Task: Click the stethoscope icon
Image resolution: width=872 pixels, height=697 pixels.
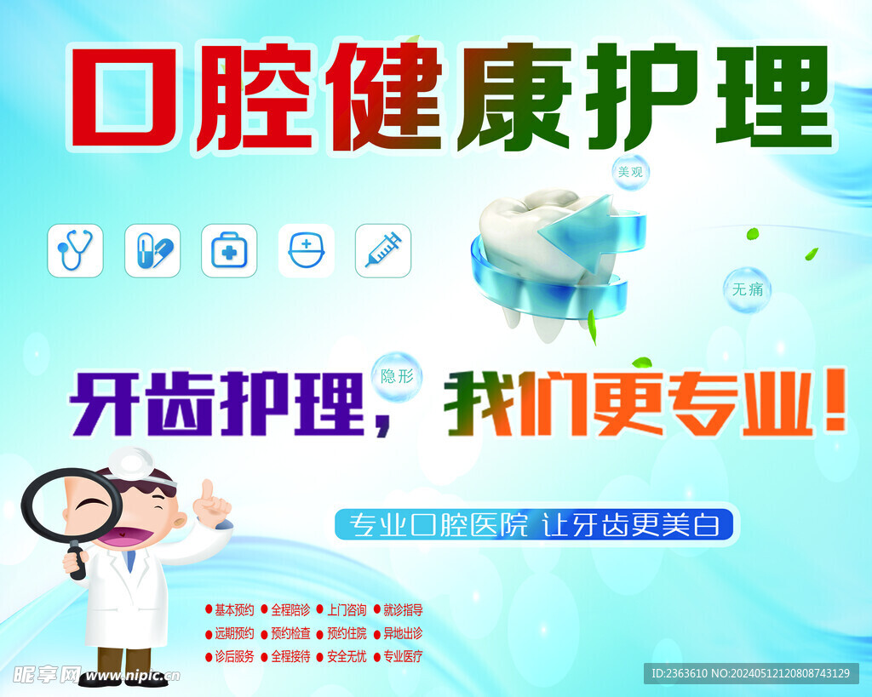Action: point(75,250)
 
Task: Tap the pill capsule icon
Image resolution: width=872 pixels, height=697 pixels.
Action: point(152,250)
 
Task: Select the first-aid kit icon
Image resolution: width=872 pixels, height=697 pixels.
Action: point(229,250)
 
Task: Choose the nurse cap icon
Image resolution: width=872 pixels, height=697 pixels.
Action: point(306,250)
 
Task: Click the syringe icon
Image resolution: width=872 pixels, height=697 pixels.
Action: point(383,250)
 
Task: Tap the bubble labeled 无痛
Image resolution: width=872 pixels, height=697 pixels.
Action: point(747,289)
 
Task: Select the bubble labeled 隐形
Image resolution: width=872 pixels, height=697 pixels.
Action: point(397,375)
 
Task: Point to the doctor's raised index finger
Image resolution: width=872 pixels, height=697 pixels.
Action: point(206,489)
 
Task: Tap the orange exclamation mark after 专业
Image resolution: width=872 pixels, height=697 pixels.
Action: point(835,403)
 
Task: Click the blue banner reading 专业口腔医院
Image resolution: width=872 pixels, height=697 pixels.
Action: point(535,524)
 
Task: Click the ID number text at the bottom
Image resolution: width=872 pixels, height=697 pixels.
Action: point(750,673)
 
